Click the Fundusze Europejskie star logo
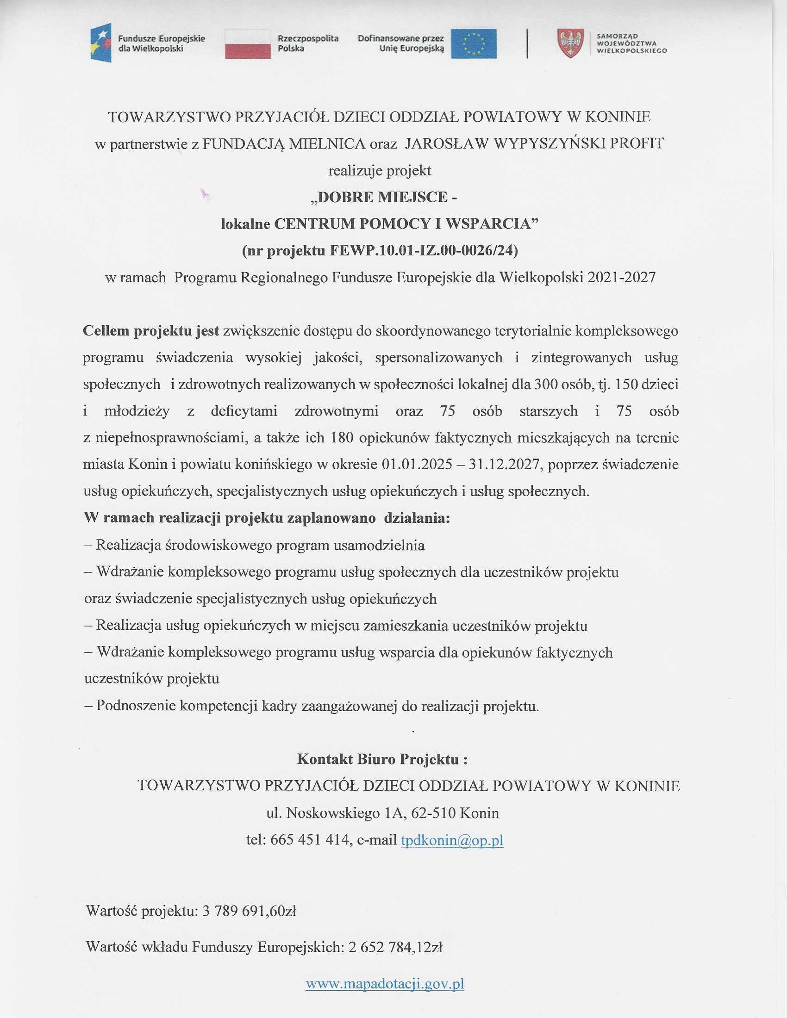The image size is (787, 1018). coord(101,43)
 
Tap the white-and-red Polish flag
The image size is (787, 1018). coord(248,44)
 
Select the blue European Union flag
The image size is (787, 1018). coord(473,44)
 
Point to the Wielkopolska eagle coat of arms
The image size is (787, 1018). coord(570,43)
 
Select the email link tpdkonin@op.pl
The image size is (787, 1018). coord(452,840)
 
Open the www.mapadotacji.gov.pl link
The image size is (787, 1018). coord(385,984)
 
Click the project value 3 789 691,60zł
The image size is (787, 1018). coord(250,911)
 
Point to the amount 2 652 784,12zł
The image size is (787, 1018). coord(395,947)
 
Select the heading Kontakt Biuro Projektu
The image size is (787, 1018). coord(382,759)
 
